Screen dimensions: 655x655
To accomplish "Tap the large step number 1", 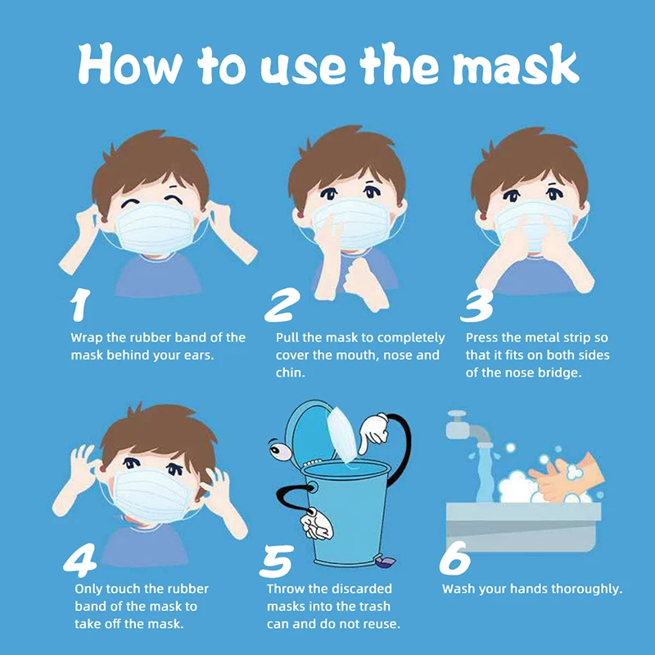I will click(79, 305).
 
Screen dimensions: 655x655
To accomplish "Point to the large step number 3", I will click(477, 305).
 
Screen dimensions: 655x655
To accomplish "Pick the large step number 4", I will click(80, 558).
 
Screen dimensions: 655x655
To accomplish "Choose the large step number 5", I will click(276, 560).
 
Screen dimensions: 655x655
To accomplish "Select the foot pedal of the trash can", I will click(385, 562).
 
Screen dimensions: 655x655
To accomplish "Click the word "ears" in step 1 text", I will click(198, 355).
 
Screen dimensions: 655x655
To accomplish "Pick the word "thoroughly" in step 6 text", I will click(589, 588).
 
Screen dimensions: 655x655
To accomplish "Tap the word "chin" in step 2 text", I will click(290, 373).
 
